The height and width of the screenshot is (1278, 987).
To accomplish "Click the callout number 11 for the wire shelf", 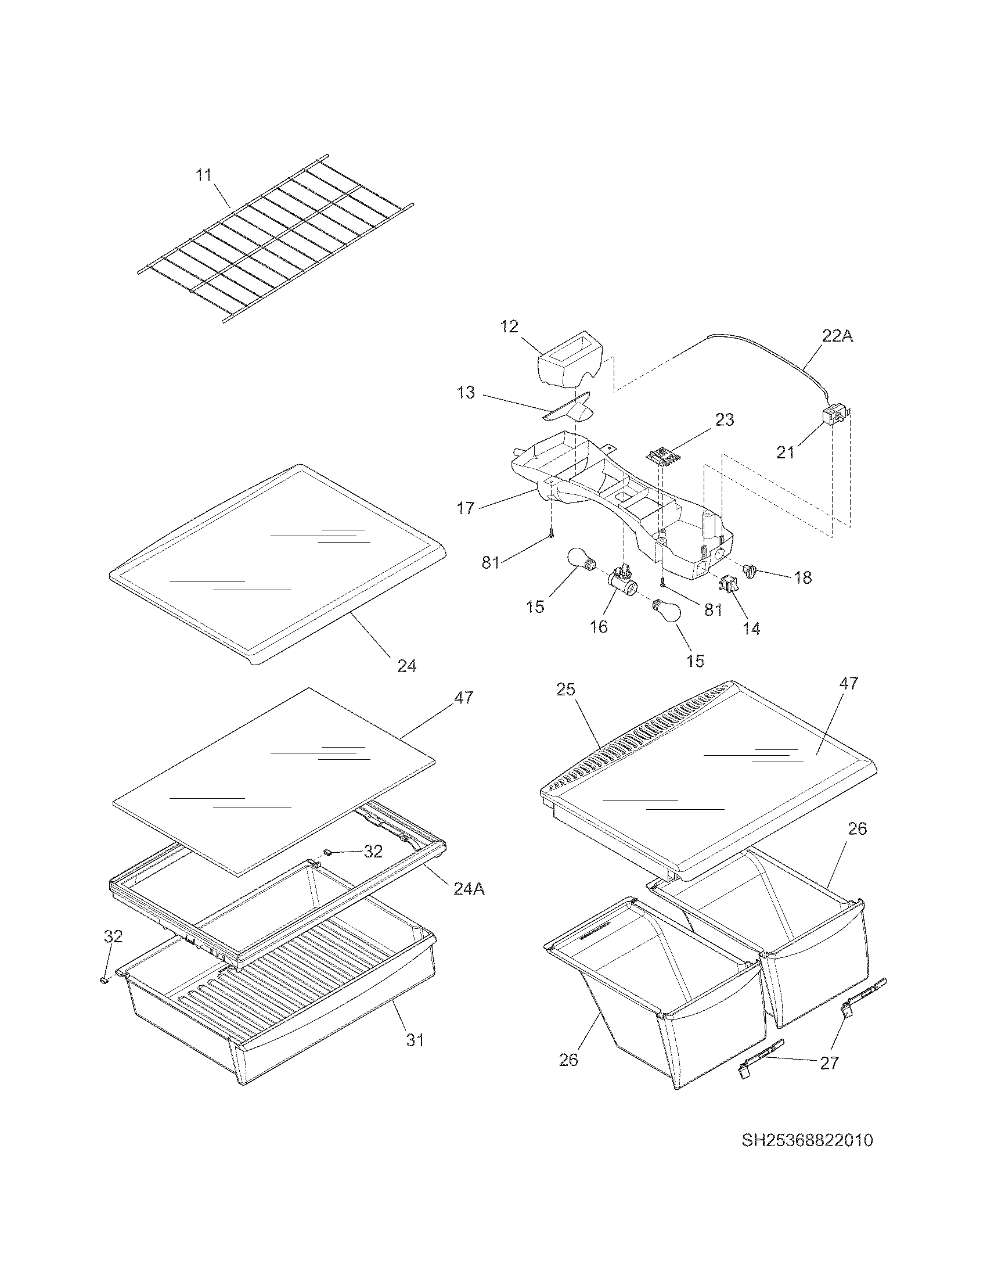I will (x=203, y=175).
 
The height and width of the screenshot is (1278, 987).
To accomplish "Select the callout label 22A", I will (x=837, y=336).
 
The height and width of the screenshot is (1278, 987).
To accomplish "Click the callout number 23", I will (x=724, y=419).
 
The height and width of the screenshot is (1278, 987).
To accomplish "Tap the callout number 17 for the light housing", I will (x=466, y=508).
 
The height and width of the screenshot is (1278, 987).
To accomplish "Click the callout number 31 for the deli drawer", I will (x=415, y=1040).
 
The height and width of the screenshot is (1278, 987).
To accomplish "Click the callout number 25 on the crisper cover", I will (x=565, y=690).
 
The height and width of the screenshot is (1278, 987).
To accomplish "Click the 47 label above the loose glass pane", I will (x=463, y=698).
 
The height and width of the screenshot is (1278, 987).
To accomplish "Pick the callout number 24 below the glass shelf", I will (x=407, y=666).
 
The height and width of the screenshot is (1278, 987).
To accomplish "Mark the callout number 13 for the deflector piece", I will (x=466, y=393).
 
